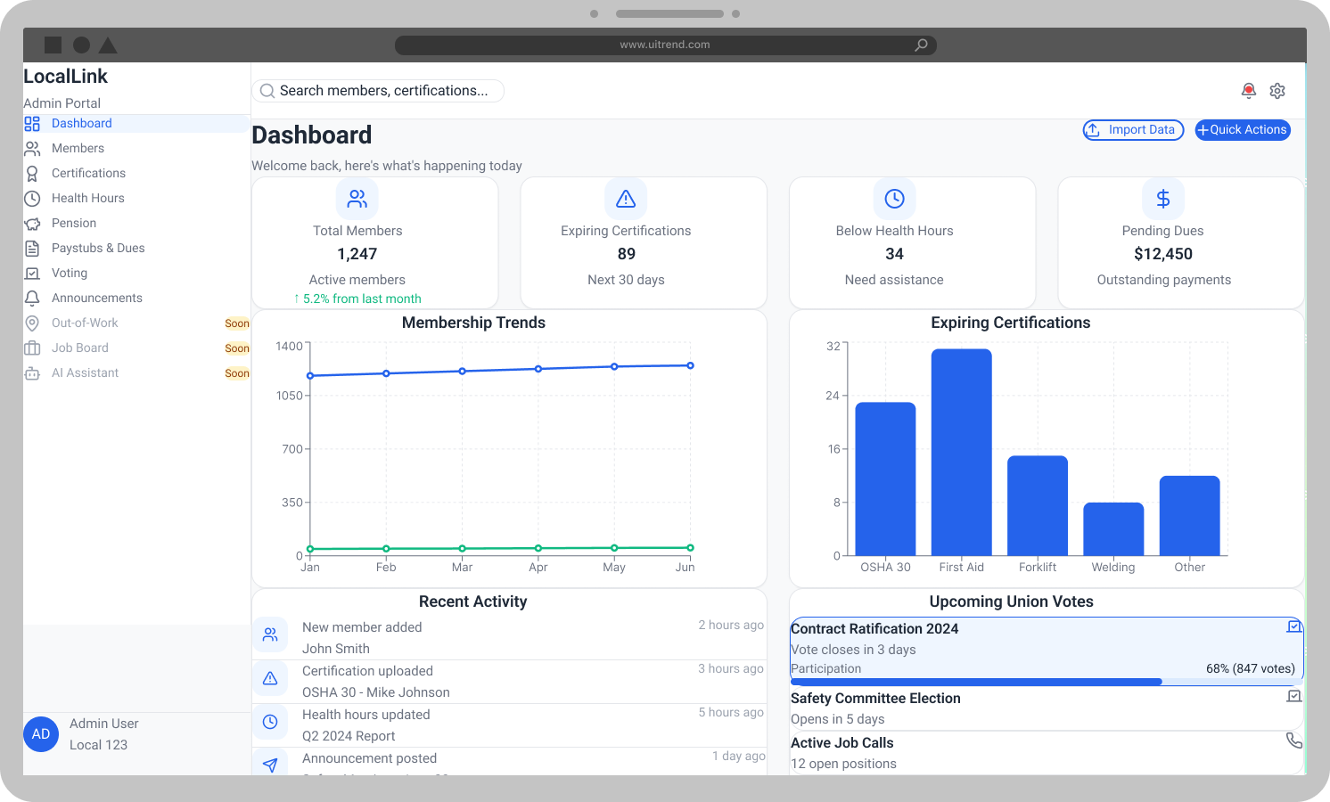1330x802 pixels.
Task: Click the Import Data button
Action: pos(1133,130)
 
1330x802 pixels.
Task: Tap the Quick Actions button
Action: pos(1243,130)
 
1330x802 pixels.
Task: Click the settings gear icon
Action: pos(1277,91)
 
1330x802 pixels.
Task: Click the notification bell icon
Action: pos(1249,91)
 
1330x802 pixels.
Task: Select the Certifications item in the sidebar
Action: pos(88,173)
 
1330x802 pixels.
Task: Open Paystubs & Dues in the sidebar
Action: pos(98,248)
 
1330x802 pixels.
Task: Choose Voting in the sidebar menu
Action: pos(70,273)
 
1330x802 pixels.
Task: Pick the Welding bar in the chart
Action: pos(1113,529)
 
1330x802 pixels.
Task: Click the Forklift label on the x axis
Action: pos(1038,567)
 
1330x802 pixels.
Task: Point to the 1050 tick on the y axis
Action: pos(290,396)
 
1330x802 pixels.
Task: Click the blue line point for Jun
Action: pos(690,365)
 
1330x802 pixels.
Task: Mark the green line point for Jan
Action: pos(310,549)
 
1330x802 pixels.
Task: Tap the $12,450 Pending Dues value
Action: pos(1162,254)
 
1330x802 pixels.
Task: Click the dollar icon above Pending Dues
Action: pos(1162,199)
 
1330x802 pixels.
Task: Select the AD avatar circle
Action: pos(41,734)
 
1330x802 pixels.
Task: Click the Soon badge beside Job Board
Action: pos(237,348)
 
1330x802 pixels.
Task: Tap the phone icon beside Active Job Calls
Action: pos(1293,741)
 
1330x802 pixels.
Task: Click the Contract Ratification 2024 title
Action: pos(874,629)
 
